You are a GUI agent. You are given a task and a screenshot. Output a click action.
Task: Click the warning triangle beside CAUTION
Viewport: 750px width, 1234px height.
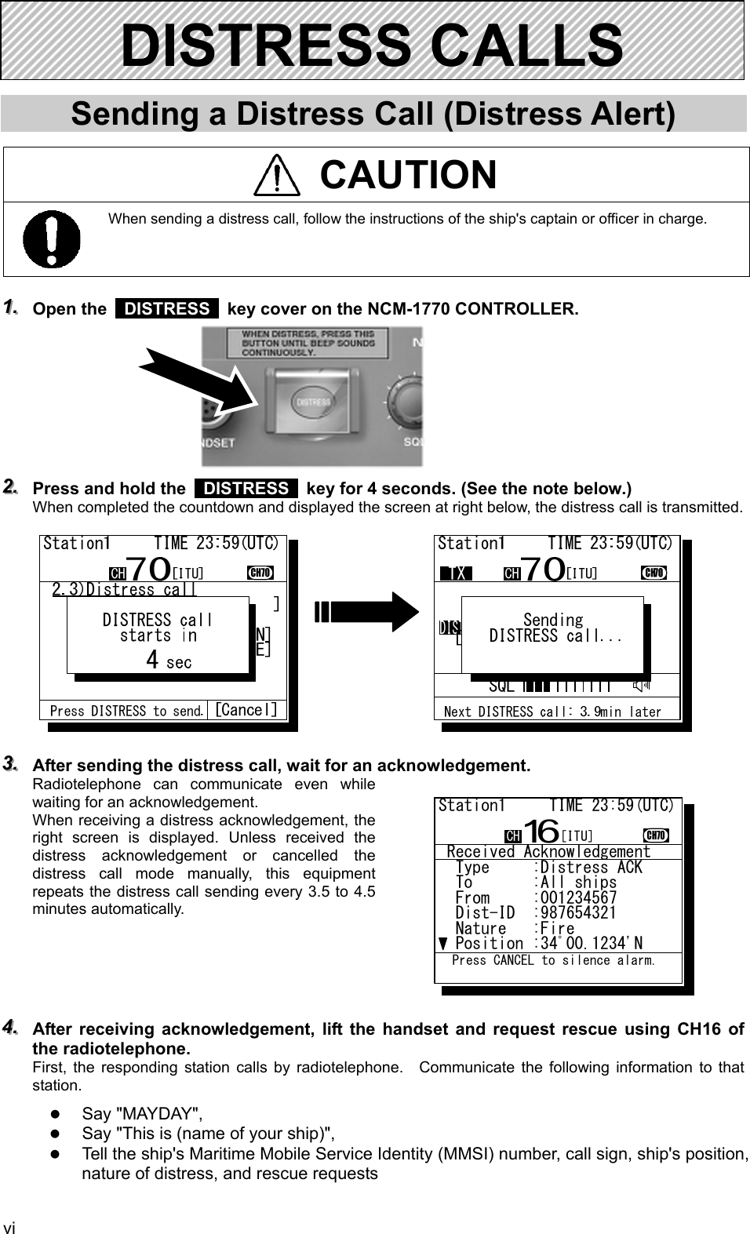[x=277, y=175]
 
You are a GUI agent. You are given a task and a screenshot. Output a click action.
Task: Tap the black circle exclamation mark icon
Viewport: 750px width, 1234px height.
[x=51, y=238]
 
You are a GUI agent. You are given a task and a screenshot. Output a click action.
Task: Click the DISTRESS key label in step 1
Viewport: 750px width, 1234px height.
[x=166, y=308]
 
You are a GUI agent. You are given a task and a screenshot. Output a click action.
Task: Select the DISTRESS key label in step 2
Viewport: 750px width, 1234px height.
[x=246, y=488]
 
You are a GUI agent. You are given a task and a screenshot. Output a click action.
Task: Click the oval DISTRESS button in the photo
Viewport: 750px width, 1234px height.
[x=311, y=401]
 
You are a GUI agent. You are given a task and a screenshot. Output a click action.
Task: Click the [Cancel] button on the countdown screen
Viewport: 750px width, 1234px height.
[x=246, y=710]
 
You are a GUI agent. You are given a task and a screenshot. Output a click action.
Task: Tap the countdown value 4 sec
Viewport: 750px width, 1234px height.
[x=168, y=661]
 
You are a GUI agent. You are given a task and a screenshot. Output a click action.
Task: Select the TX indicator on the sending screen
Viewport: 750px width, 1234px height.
[x=455, y=573]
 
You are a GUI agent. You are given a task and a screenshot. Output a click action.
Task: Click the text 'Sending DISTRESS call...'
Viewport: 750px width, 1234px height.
[x=554, y=628]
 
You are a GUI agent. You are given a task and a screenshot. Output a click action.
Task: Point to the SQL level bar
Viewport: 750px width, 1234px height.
[x=569, y=686]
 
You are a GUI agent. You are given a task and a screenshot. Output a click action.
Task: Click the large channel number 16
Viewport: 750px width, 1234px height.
[x=541, y=830]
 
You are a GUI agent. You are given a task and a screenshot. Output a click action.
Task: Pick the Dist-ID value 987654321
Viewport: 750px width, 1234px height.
[x=578, y=913]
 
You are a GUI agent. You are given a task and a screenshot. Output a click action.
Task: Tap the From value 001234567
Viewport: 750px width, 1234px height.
[x=578, y=898]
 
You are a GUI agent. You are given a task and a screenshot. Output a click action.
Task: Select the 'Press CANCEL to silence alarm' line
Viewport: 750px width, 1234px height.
[x=553, y=960]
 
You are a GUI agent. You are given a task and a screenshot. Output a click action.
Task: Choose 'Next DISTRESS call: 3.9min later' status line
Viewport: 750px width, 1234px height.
[x=552, y=712]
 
